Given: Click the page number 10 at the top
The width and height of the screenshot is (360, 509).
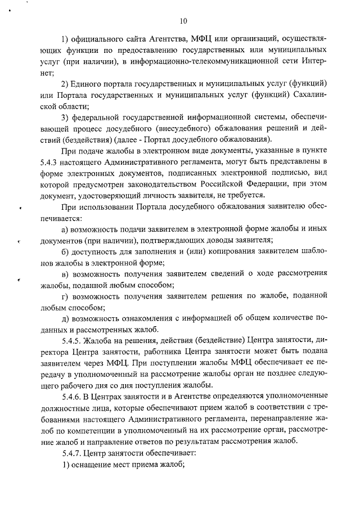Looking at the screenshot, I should (x=183, y=21).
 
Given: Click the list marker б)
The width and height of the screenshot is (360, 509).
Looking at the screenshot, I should (x=65, y=251).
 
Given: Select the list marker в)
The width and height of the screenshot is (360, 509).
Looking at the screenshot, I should (x=65, y=274).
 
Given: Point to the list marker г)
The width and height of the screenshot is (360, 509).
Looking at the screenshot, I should (x=65, y=296).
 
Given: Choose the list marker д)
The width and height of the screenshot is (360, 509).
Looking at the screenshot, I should (x=65, y=319).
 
